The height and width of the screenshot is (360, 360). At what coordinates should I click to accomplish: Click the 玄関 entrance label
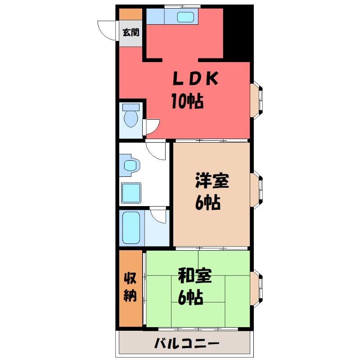[x=131, y=32]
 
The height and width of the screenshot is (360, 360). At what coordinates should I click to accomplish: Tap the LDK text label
[x=195, y=78]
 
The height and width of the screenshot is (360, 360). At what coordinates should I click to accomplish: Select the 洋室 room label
[x=212, y=181]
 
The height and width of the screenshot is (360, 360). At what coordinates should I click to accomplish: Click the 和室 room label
[x=195, y=275]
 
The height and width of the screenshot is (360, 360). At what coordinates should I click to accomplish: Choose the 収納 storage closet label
[x=130, y=287]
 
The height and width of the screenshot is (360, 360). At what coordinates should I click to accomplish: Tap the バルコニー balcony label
[x=187, y=344]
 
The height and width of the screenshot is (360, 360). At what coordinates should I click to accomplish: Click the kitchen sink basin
[x=185, y=17]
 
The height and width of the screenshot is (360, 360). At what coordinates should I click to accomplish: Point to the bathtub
[x=131, y=228]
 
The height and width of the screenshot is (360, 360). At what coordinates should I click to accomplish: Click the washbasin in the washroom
[x=130, y=165]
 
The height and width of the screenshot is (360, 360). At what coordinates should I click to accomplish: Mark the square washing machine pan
[x=131, y=193]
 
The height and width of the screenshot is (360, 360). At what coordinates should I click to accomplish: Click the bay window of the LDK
[x=256, y=100]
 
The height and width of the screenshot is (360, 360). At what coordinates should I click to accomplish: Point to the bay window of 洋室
[x=256, y=190]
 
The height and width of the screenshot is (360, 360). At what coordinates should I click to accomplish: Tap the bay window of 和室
[x=256, y=288]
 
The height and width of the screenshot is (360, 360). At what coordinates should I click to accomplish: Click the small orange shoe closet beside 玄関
[x=130, y=14]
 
